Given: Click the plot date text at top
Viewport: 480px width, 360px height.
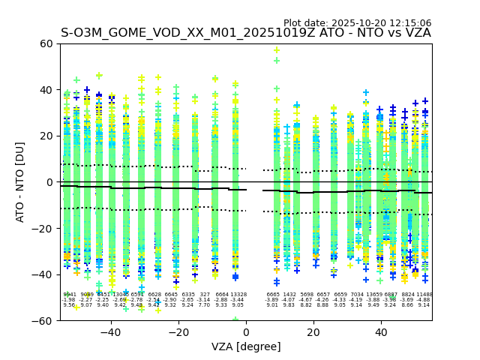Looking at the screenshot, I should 357,23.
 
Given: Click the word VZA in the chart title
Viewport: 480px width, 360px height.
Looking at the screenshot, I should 416,33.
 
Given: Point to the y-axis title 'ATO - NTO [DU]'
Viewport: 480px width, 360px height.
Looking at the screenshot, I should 20,182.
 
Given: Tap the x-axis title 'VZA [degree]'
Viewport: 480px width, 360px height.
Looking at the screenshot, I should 245,346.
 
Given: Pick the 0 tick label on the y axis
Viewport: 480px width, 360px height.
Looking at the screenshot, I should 48,182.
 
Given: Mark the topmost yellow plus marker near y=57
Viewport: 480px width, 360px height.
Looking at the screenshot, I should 277,51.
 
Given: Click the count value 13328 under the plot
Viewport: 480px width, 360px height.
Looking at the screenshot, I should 238,295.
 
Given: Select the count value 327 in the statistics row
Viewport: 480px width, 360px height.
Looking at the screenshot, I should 205,295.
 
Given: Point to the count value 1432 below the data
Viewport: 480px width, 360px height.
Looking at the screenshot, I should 289,295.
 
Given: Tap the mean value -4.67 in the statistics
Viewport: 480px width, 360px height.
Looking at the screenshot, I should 307,300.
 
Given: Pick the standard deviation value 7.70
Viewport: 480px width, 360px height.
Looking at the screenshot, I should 204,305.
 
